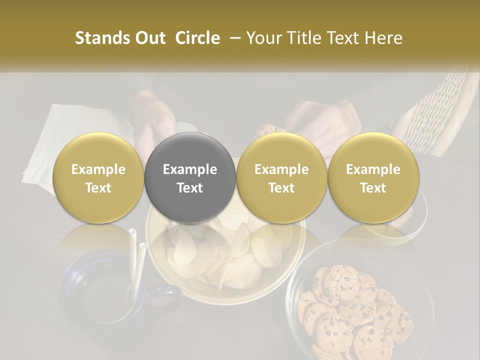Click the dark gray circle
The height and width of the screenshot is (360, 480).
click(190, 178)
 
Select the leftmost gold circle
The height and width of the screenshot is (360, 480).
click(98, 178)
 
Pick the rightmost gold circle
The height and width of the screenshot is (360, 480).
click(373, 178)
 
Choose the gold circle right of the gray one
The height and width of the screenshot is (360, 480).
click(281, 178)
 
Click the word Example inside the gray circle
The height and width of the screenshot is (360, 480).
click(190, 169)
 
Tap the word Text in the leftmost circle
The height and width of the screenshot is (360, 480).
click(98, 188)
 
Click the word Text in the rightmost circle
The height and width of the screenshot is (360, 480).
click(373, 188)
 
